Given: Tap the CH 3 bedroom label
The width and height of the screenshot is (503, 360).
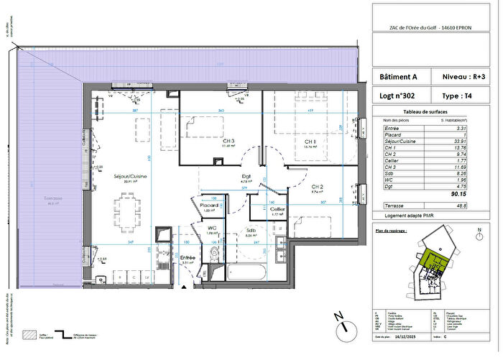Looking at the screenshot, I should (229, 141).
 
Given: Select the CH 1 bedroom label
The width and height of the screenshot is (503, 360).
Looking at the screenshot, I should (310, 142).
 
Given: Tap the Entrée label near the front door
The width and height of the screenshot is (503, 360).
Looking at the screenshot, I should (187, 257).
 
